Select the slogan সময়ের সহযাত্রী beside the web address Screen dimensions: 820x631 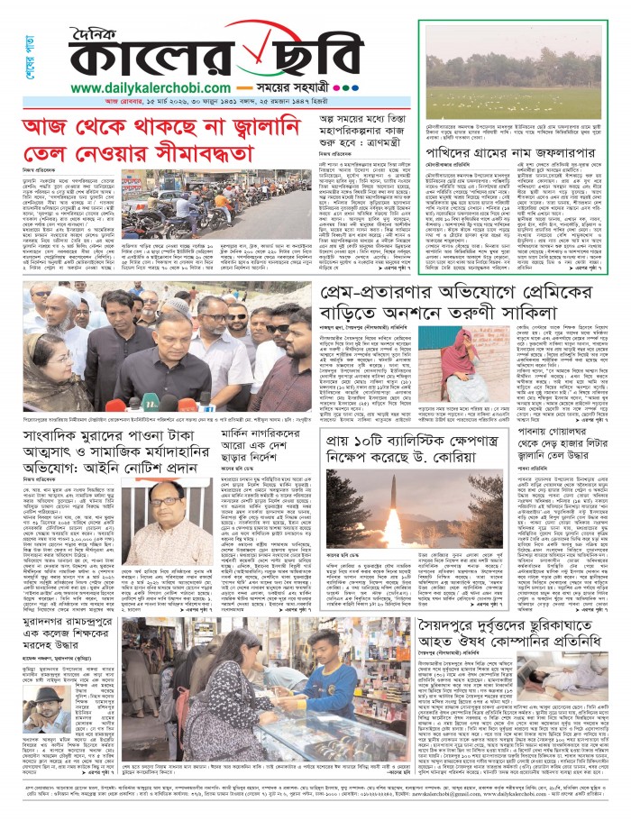[x=300, y=88]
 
